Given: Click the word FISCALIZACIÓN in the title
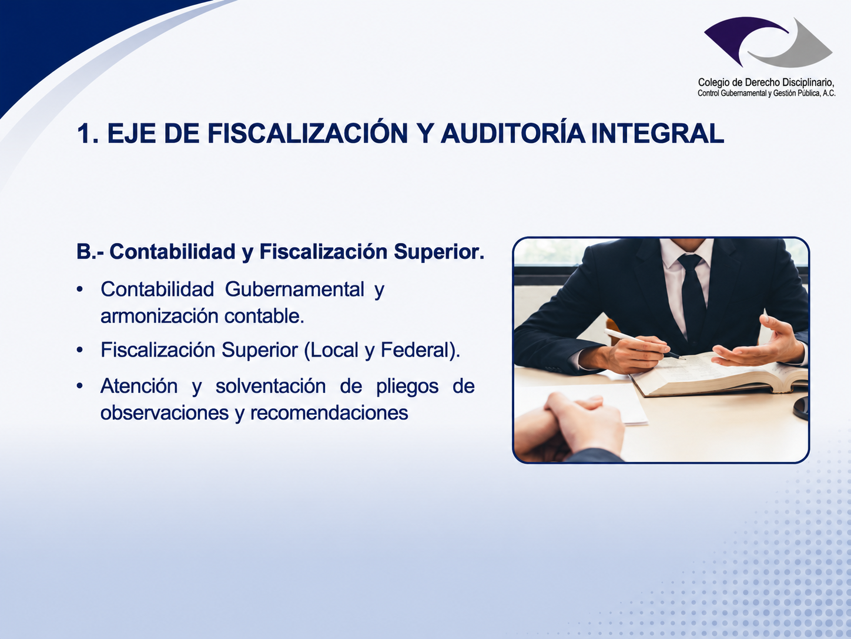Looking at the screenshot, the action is pyautogui.click(x=307, y=134).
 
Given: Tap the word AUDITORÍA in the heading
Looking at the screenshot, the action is pyautogui.click(x=513, y=134).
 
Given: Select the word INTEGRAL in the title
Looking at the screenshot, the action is pyautogui.click(x=657, y=134).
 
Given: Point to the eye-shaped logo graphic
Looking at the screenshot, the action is pyautogui.click(x=768, y=42).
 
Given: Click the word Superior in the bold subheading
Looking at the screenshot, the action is pyautogui.click(x=439, y=252).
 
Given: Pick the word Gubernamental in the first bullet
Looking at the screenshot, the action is pyautogui.click(x=294, y=289).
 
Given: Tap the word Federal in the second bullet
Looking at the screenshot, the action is pyautogui.click(x=413, y=350).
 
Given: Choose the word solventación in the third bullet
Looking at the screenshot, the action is pyautogui.click(x=270, y=387).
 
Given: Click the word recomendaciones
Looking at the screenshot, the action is pyautogui.click(x=329, y=412).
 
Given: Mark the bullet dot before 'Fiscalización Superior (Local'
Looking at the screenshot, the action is pyautogui.click(x=80, y=350).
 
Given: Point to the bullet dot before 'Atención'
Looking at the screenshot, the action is pyautogui.click(x=80, y=387).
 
